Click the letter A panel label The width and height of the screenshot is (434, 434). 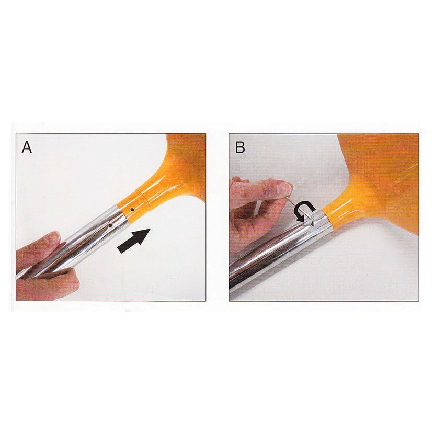[27, 147]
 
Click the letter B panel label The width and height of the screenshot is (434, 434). [240, 147]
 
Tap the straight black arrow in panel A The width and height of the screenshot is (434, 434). [134, 241]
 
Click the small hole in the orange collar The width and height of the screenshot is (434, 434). [133, 210]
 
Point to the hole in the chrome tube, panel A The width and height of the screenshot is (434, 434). [110, 226]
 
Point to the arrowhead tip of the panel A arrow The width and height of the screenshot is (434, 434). [150, 229]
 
